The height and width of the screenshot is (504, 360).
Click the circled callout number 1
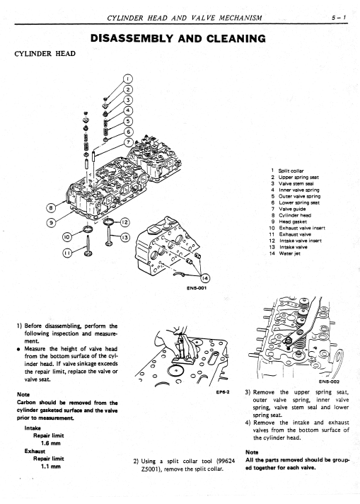point(128,79)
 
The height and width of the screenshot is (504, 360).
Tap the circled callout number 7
point(129,142)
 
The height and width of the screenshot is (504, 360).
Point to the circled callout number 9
point(50,222)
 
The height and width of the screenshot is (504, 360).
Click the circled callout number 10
point(66,238)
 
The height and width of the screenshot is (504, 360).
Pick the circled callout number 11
point(66,253)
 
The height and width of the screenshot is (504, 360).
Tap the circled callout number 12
point(125,222)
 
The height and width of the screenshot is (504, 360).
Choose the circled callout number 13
point(125,238)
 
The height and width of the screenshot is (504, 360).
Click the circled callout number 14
point(204,278)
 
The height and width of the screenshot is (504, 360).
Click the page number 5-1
point(339,18)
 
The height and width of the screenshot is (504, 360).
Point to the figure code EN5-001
point(197,288)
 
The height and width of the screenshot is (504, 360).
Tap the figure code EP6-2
point(223,392)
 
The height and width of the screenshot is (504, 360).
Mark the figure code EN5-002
point(329,382)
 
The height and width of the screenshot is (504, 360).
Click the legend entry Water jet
point(290,253)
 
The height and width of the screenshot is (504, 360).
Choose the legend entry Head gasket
point(293,222)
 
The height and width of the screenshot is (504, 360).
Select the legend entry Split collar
point(291,171)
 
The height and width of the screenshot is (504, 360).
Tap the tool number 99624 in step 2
point(226,462)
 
